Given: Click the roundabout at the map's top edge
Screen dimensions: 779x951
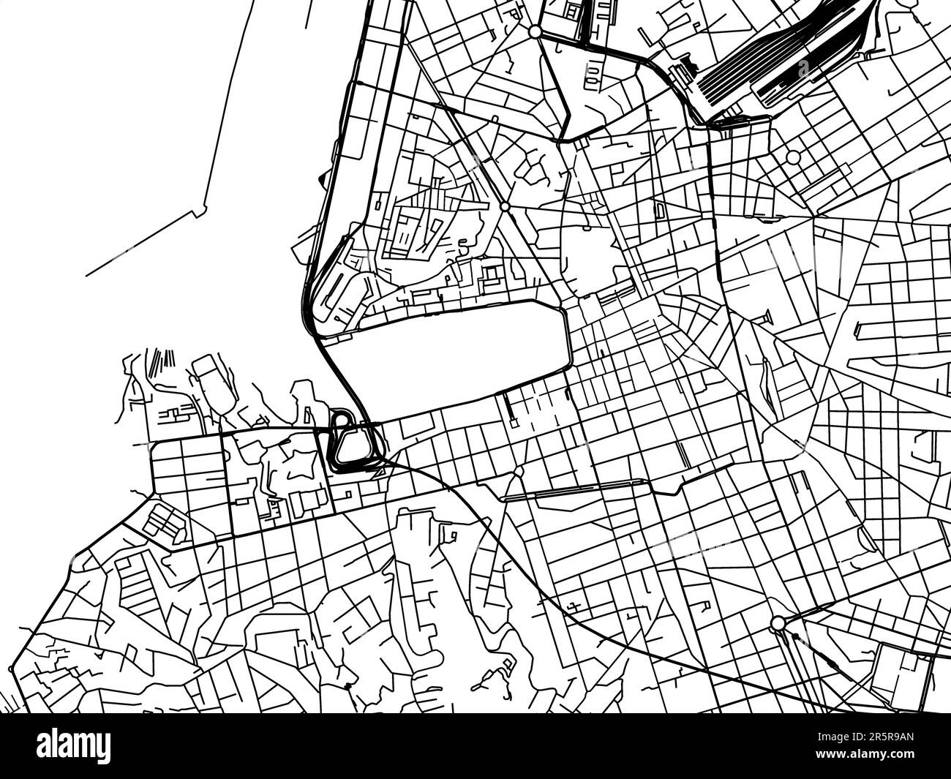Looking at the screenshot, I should point(535,32).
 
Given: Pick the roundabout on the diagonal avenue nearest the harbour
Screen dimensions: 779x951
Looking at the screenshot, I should point(505,207).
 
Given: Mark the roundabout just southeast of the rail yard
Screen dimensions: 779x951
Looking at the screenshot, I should point(793,157).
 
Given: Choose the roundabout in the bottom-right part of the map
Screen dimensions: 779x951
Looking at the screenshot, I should point(778,623).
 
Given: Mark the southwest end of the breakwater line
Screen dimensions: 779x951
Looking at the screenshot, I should point(87,276).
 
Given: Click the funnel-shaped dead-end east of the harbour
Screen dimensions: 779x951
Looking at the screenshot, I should point(766,316).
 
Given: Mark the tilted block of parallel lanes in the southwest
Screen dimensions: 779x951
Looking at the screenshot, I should point(162,521).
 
